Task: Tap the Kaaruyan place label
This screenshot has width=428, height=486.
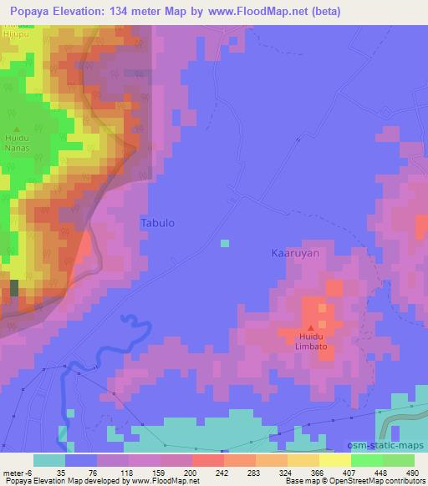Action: pos(296,252)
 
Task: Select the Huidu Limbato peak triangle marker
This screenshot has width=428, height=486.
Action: pos(311,328)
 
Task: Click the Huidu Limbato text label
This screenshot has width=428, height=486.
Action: pos(311,342)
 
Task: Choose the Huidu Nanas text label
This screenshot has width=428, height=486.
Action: pos(17,143)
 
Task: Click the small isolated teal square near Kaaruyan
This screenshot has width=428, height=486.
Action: pos(224,243)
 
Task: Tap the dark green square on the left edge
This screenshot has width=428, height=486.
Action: pos(13,288)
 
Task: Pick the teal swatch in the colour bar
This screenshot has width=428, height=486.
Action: pos(49,460)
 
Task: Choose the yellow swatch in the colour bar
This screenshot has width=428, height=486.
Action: pos(335,460)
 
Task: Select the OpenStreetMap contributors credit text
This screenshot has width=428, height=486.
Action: pos(380,481)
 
